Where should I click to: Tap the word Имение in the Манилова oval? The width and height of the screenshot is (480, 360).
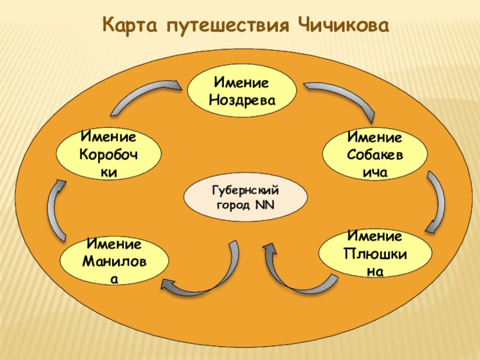point(114,245)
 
